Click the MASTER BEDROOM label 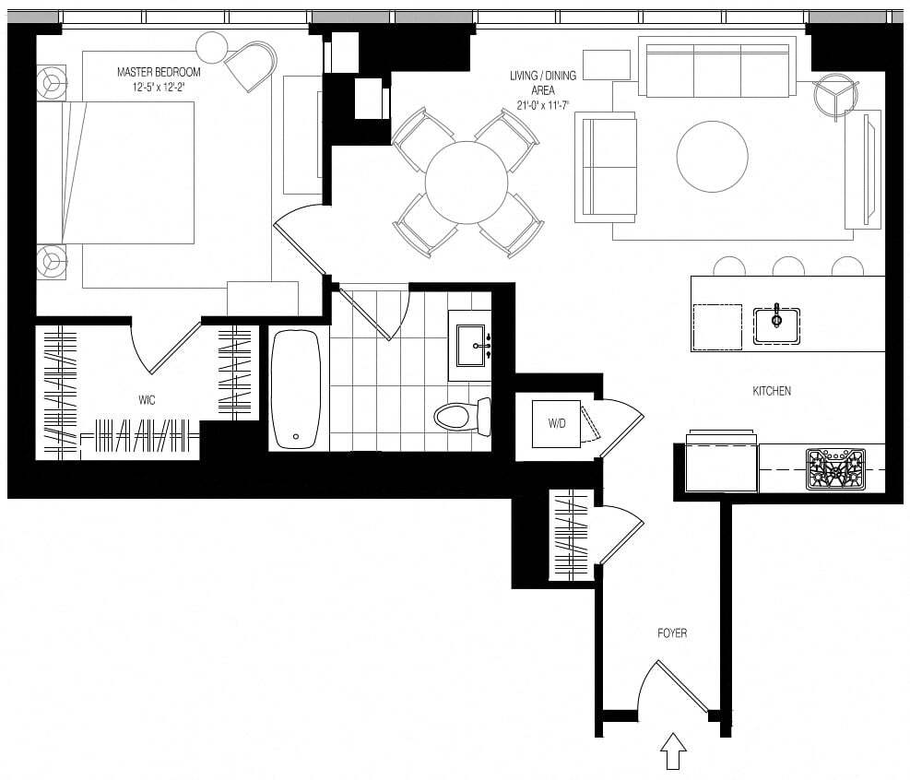point(159,72)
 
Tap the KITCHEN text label point(772,391)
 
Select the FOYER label point(672,633)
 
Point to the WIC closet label point(147,400)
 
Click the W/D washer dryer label point(557,424)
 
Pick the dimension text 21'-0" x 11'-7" point(543,105)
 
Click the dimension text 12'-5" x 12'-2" point(159,88)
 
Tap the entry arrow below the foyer point(673,750)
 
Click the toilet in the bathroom point(463,417)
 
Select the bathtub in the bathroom point(295,388)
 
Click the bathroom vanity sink point(471,346)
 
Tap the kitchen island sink point(776,325)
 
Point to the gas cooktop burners point(835,469)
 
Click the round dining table point(467,183)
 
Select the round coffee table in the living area point(712,156)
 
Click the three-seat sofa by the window point(717,67)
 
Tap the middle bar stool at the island point(788,266)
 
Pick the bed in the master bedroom point(115,172)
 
